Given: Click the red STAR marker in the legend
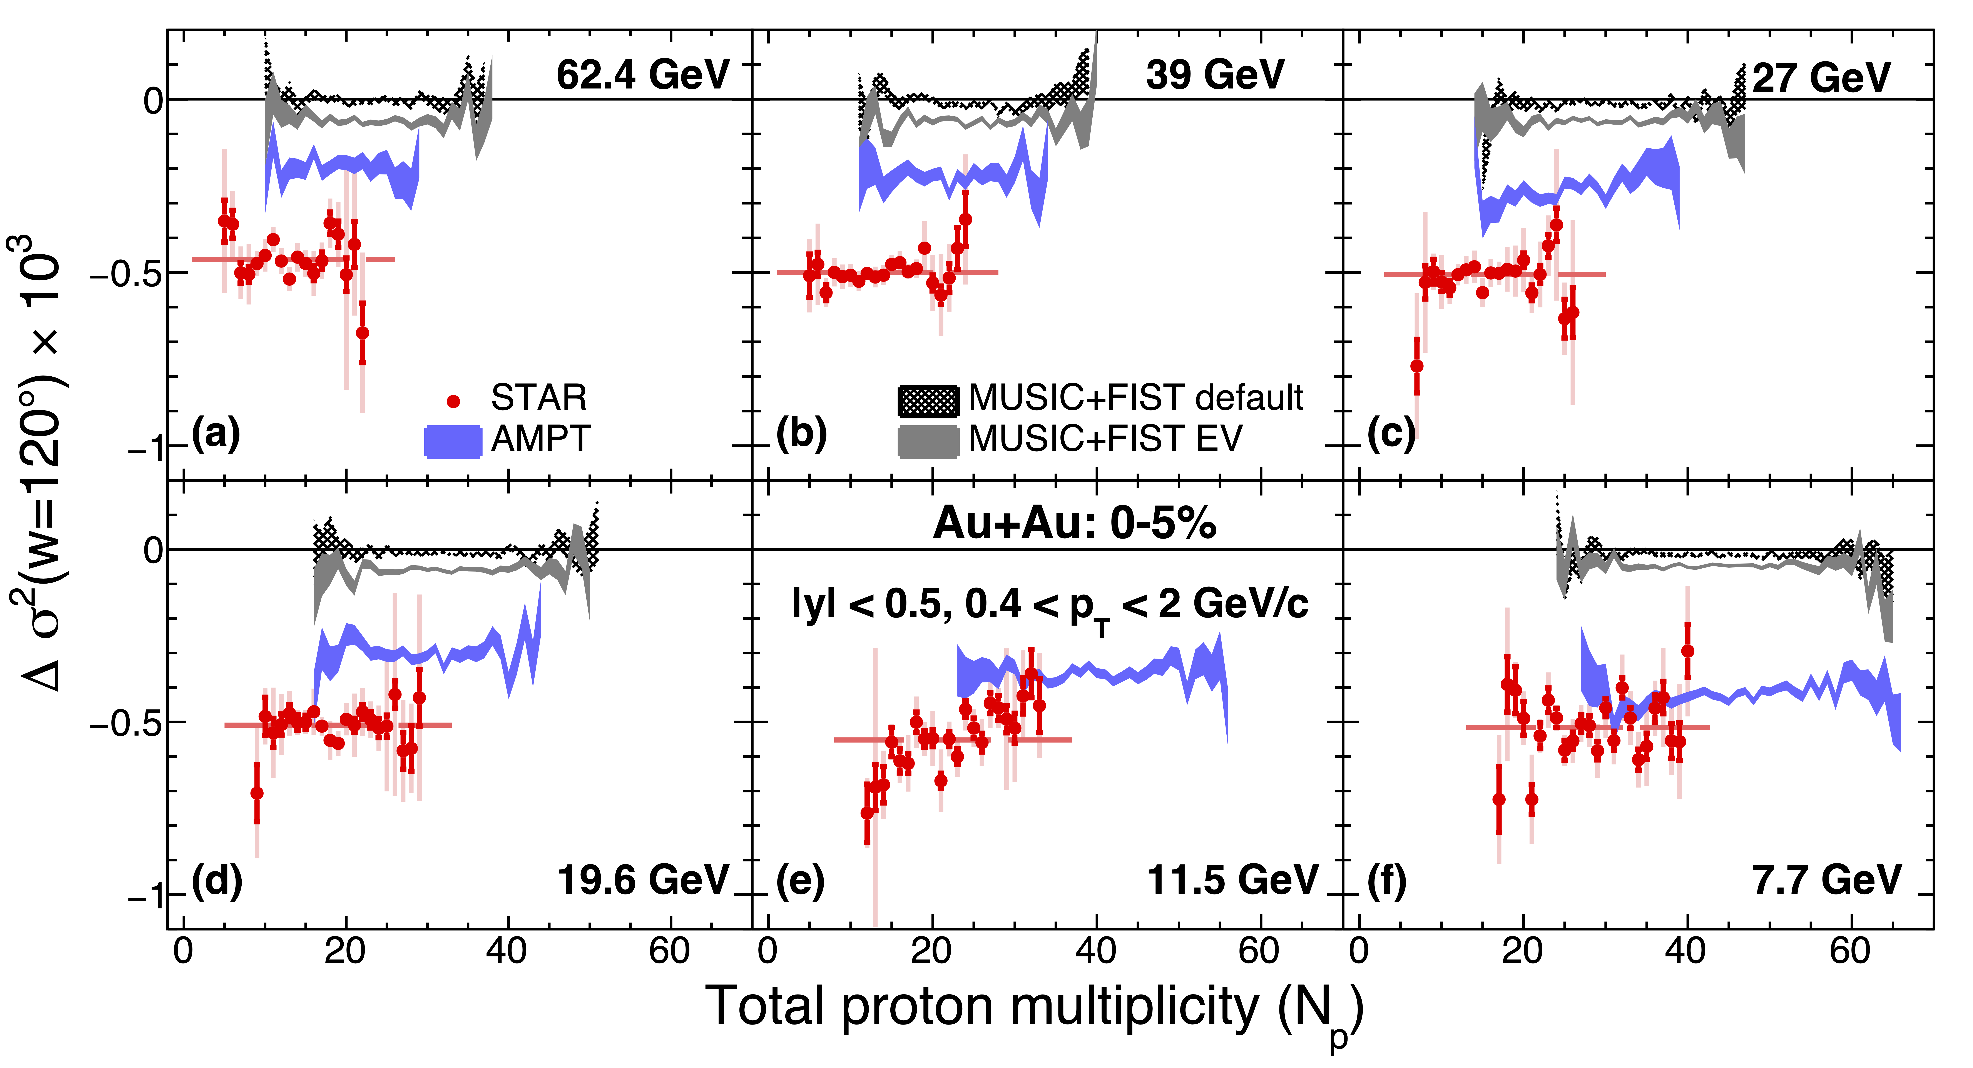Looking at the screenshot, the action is coord(453,401).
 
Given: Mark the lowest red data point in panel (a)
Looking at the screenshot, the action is coord(362,333).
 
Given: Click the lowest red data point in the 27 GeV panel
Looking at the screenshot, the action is coord(1417,366).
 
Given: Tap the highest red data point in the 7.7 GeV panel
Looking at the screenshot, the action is coord(1687,651).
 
